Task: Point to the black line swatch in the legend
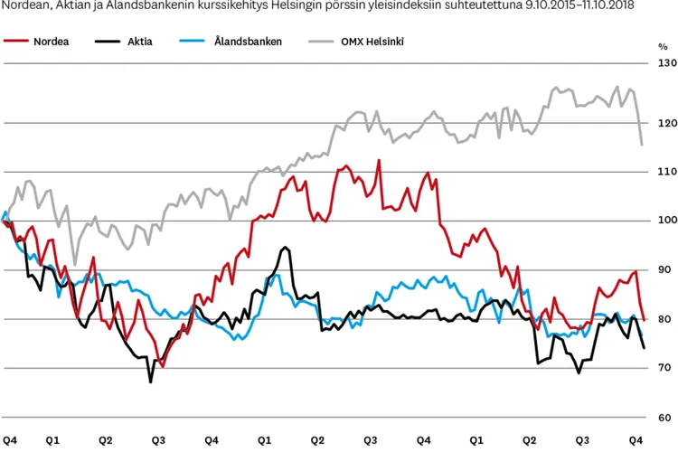[x=106, y=42]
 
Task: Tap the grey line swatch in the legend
[x=320, y=42]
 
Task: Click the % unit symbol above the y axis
[x=663, y=45]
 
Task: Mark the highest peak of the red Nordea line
[x=378, y=160]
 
